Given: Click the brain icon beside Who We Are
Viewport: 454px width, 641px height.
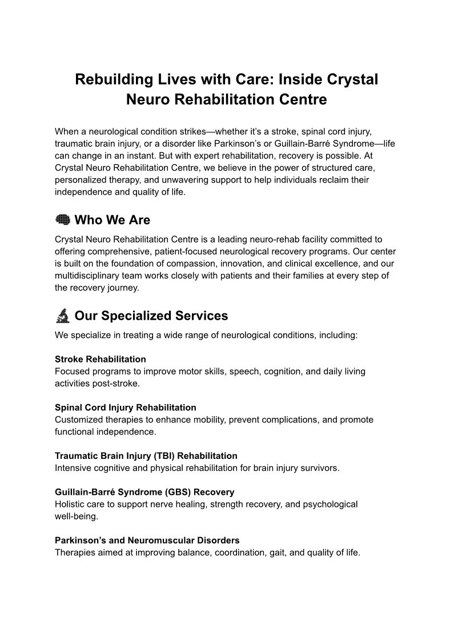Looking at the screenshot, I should click(62, 220).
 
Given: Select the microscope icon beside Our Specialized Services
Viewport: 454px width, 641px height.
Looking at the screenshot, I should click(62, 316).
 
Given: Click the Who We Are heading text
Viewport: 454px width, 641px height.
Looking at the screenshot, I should click(113, 220).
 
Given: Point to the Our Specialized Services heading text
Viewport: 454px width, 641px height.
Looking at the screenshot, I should click(151, 316).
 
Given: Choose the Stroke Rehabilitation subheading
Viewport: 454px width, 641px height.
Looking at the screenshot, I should click(101, 359).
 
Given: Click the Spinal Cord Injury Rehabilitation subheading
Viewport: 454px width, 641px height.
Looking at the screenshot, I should click(126, 408).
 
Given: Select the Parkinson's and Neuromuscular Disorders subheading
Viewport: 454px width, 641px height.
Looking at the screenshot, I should click(147, 540).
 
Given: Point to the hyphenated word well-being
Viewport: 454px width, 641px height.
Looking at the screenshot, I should click(77, 516).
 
